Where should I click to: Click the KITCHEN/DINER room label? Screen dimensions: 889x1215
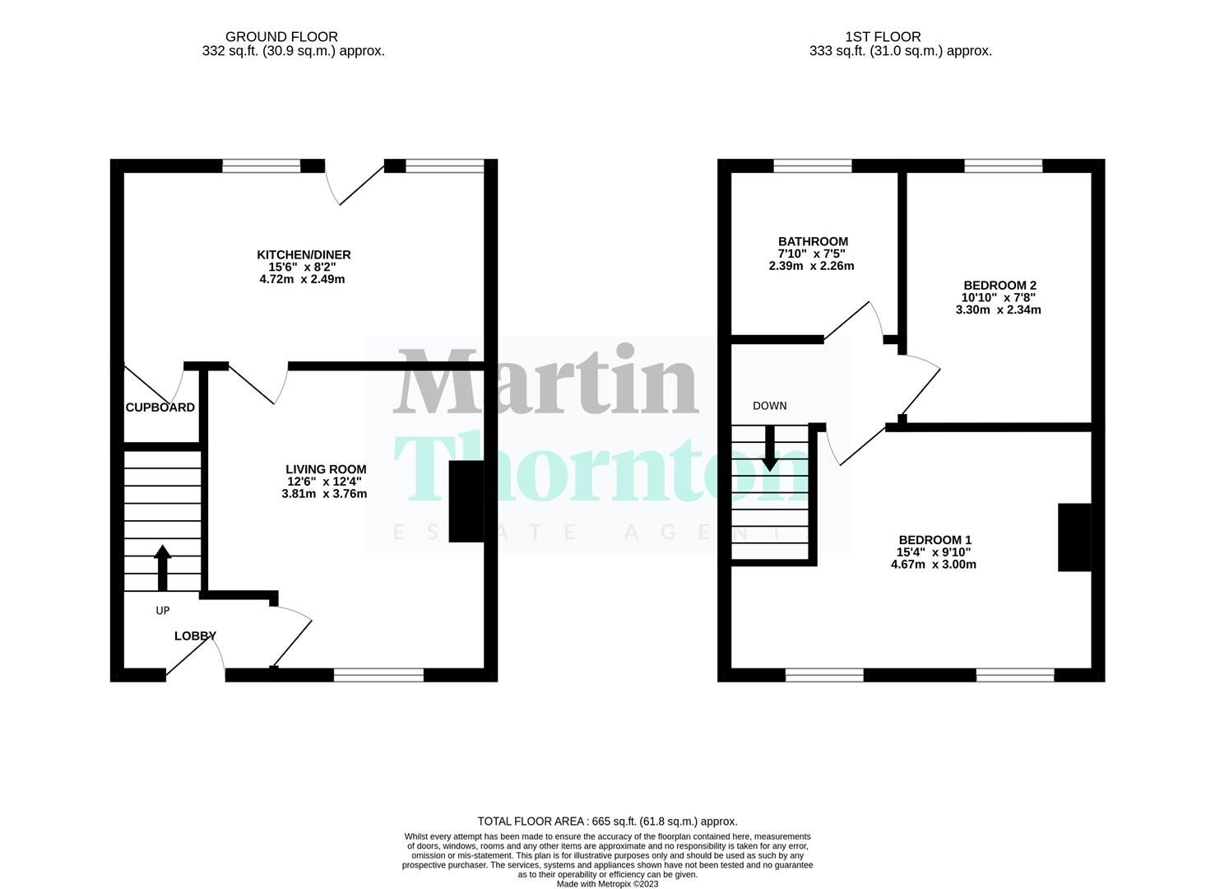pos(304,255)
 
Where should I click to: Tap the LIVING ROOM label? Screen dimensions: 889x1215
pos(326,469)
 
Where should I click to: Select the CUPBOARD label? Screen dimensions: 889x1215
pos(160,407)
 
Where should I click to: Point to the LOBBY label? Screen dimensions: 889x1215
pos(195,635)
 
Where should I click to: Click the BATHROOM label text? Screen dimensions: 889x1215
pos(813,241)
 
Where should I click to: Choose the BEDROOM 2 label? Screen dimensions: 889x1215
pos(999,286)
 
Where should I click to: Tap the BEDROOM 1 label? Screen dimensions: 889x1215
pos(934,540)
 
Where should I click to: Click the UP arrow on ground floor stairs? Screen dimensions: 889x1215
pos(163,567)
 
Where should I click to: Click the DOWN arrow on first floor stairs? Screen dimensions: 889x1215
pos(769,449)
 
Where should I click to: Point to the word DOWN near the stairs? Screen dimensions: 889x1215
pos(769,406)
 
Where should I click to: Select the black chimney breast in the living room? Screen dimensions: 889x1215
pos(466,501)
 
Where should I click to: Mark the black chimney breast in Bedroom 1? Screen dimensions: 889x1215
pos(1074,538)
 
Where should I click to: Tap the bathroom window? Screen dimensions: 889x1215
pos(812,166)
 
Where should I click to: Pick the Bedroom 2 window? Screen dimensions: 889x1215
pos(1003,166)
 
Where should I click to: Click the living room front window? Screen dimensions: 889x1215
pos(378,675)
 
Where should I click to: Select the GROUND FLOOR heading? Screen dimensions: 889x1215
pos(281,37)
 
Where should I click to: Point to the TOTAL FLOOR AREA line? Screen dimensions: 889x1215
pos(607,821)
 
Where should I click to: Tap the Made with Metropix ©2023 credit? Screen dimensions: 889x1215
pos(607,884)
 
